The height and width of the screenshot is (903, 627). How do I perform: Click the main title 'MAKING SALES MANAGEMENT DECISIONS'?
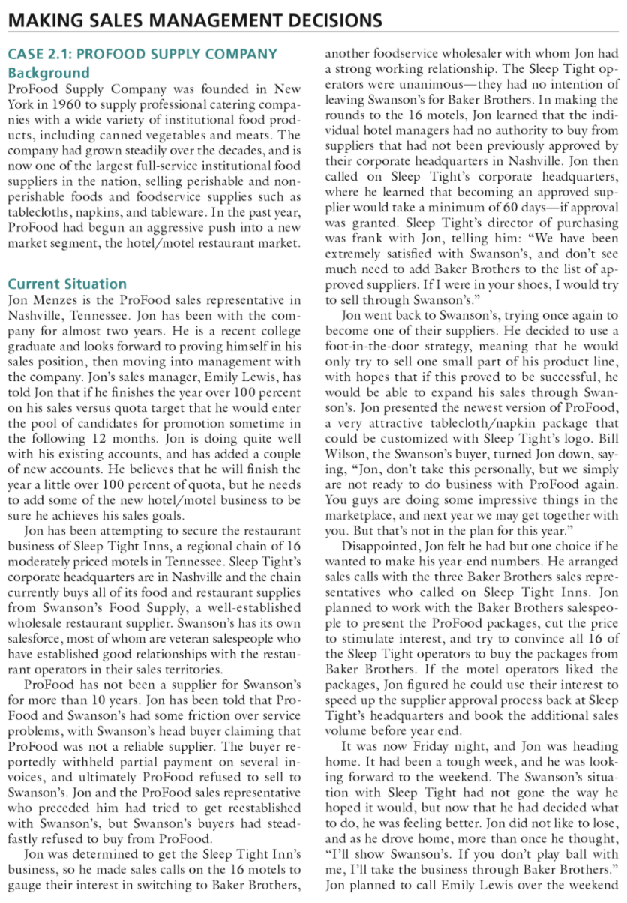tap(194, 20)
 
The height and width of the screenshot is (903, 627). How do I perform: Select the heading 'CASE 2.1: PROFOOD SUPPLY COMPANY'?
tap(142, 55)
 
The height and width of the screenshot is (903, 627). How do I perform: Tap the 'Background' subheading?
tap(49, 73)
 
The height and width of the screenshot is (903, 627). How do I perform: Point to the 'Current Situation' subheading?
tap(67, 283)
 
